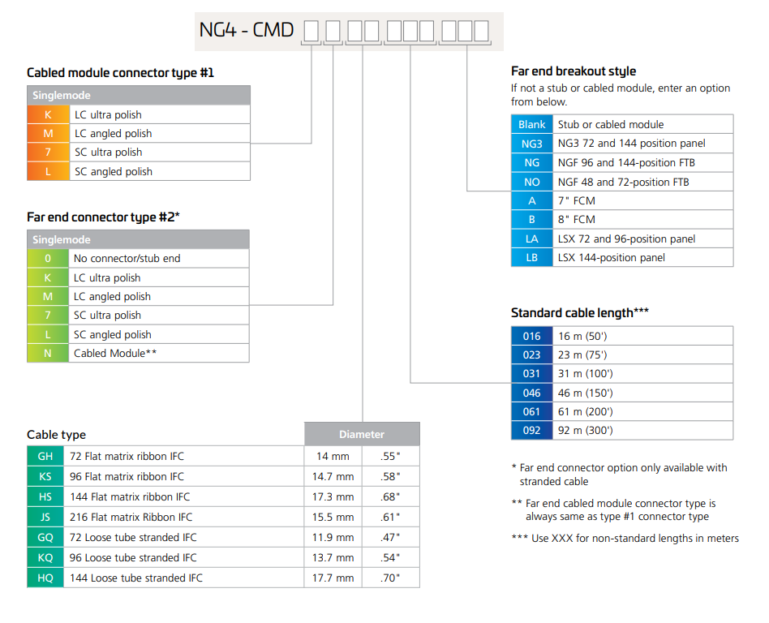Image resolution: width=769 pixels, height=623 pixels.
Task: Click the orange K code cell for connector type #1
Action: click(x=48, y=115)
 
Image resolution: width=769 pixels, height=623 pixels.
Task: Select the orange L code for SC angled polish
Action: click(x=48, y=172)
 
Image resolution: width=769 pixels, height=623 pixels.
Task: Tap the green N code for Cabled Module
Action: click(x=48, y=353)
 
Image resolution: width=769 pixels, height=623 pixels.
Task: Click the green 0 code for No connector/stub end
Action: click(x=48, y=259)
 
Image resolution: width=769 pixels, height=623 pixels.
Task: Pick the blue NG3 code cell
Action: click(x=531, y=144)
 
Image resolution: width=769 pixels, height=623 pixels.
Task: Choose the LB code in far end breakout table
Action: click(x=531, y=257)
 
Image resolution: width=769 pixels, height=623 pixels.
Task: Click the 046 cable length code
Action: click(x=531, y=393)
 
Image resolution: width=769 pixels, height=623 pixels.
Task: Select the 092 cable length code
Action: click(x=531, y=430)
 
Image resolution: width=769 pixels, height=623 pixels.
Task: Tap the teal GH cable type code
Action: click(x=45, y=456)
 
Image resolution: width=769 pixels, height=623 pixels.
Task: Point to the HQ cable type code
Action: click(x=45, y=578)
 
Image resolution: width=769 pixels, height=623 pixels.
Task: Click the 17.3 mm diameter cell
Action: click(x=333, y=497)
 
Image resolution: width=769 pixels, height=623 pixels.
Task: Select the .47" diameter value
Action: click(x=390, y=538)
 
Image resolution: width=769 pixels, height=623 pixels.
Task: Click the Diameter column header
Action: click(x=362, y=434)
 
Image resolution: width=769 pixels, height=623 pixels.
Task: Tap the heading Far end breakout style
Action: click(x=574, y=71)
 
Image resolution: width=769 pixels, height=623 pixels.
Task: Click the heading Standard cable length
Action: click(x=580, y=313)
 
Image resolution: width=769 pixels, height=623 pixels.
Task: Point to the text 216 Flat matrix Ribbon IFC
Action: click(x=131, y=517)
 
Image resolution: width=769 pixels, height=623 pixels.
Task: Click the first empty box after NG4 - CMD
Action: click(x=311, y=31)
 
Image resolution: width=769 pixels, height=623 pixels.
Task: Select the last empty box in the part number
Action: click(x=481, y=31)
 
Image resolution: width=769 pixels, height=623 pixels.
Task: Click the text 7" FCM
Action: click(x=576, y=201)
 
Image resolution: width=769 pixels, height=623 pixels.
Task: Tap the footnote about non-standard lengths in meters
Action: click(x=625, y=538)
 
